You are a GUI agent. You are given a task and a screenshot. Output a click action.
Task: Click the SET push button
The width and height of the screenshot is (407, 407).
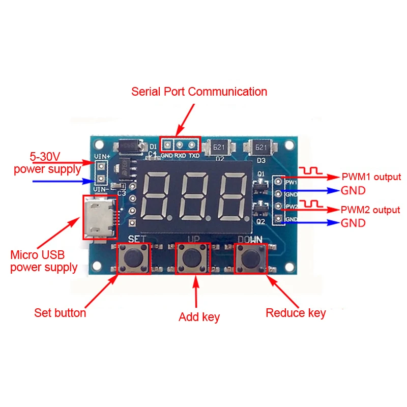[x=134, y=258]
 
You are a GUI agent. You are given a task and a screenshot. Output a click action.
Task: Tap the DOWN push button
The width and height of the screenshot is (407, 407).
[x=250, y=258]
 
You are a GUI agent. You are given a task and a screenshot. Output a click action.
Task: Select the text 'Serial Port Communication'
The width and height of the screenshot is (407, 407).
[x=199, y=92]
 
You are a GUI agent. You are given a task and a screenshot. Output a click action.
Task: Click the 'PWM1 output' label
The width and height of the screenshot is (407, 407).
[x=371, y=177]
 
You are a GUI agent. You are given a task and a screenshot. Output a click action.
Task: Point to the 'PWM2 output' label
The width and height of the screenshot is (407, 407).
[x=370, y=210]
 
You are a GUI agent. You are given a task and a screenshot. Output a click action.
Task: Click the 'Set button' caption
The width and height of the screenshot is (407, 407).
[x=60, y=313]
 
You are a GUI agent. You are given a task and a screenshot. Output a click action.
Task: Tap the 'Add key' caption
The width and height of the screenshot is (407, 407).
[x=199, y=317]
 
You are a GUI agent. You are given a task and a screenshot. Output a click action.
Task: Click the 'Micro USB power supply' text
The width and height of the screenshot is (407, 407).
[x=44, y=261]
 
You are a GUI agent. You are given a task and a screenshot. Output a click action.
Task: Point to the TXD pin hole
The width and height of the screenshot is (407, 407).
[x=193, y=144]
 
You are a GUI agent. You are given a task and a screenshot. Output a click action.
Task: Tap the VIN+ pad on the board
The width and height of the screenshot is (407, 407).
[x=101, y=166]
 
